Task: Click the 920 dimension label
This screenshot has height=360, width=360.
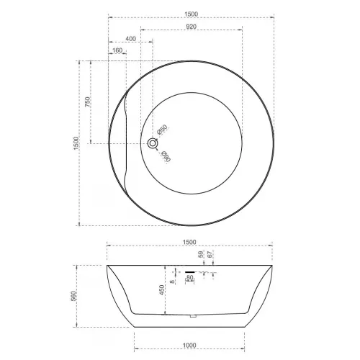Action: pos(191,26)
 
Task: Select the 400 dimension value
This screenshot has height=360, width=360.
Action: pos(130,38)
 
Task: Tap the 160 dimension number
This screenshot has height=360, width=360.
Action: pos(117,50)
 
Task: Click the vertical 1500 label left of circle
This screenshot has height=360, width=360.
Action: pos(75,143)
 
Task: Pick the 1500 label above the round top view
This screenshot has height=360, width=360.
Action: pos(191,14)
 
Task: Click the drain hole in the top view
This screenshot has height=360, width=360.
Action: pos(153,143)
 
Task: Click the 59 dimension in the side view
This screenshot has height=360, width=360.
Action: pos(201,255)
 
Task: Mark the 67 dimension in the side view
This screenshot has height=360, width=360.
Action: pos(210,255)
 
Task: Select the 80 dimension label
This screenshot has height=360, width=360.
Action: pos(190,277)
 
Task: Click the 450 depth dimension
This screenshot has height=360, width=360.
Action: pos(163,289)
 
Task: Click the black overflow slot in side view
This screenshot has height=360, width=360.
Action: pos(190,271)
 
